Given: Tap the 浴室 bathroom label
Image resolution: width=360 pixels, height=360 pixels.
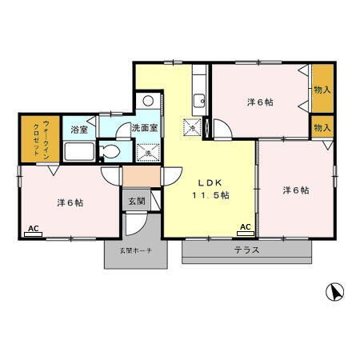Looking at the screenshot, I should [x=78, y=129].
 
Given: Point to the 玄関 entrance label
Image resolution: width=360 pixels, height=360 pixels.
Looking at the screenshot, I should [x=136, y=201].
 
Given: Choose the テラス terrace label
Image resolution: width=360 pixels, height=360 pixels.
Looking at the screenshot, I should [x=246, y=250].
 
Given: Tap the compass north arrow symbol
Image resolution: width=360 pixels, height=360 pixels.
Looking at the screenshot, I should [x=336, y=292].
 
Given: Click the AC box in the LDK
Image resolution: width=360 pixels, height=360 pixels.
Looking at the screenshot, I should [x=246, y=227].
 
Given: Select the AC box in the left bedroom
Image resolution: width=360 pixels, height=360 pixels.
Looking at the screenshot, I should [x=34, y=229].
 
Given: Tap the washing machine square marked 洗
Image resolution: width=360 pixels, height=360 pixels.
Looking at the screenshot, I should [x=148, y=152].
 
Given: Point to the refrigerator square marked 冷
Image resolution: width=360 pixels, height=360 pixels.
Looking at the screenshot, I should [x=193, y=126].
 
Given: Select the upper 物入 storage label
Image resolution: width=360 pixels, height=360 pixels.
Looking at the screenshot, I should [x=322, y=90].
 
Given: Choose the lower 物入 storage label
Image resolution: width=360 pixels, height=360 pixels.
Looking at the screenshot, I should [x=322, y=127].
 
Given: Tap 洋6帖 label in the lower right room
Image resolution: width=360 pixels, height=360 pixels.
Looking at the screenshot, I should [x=295, y=190].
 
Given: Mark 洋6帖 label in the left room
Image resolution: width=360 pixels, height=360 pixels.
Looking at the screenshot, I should [x=70, y=202].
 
